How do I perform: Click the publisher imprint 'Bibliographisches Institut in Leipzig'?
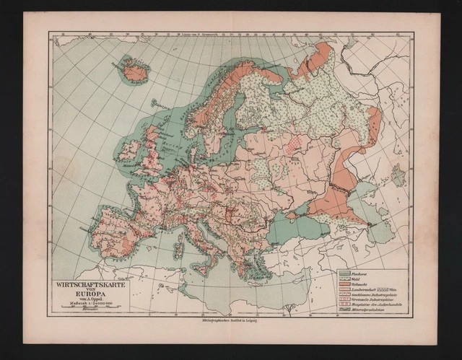click(x=230, y=321)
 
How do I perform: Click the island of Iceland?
click(x=134, y=71)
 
